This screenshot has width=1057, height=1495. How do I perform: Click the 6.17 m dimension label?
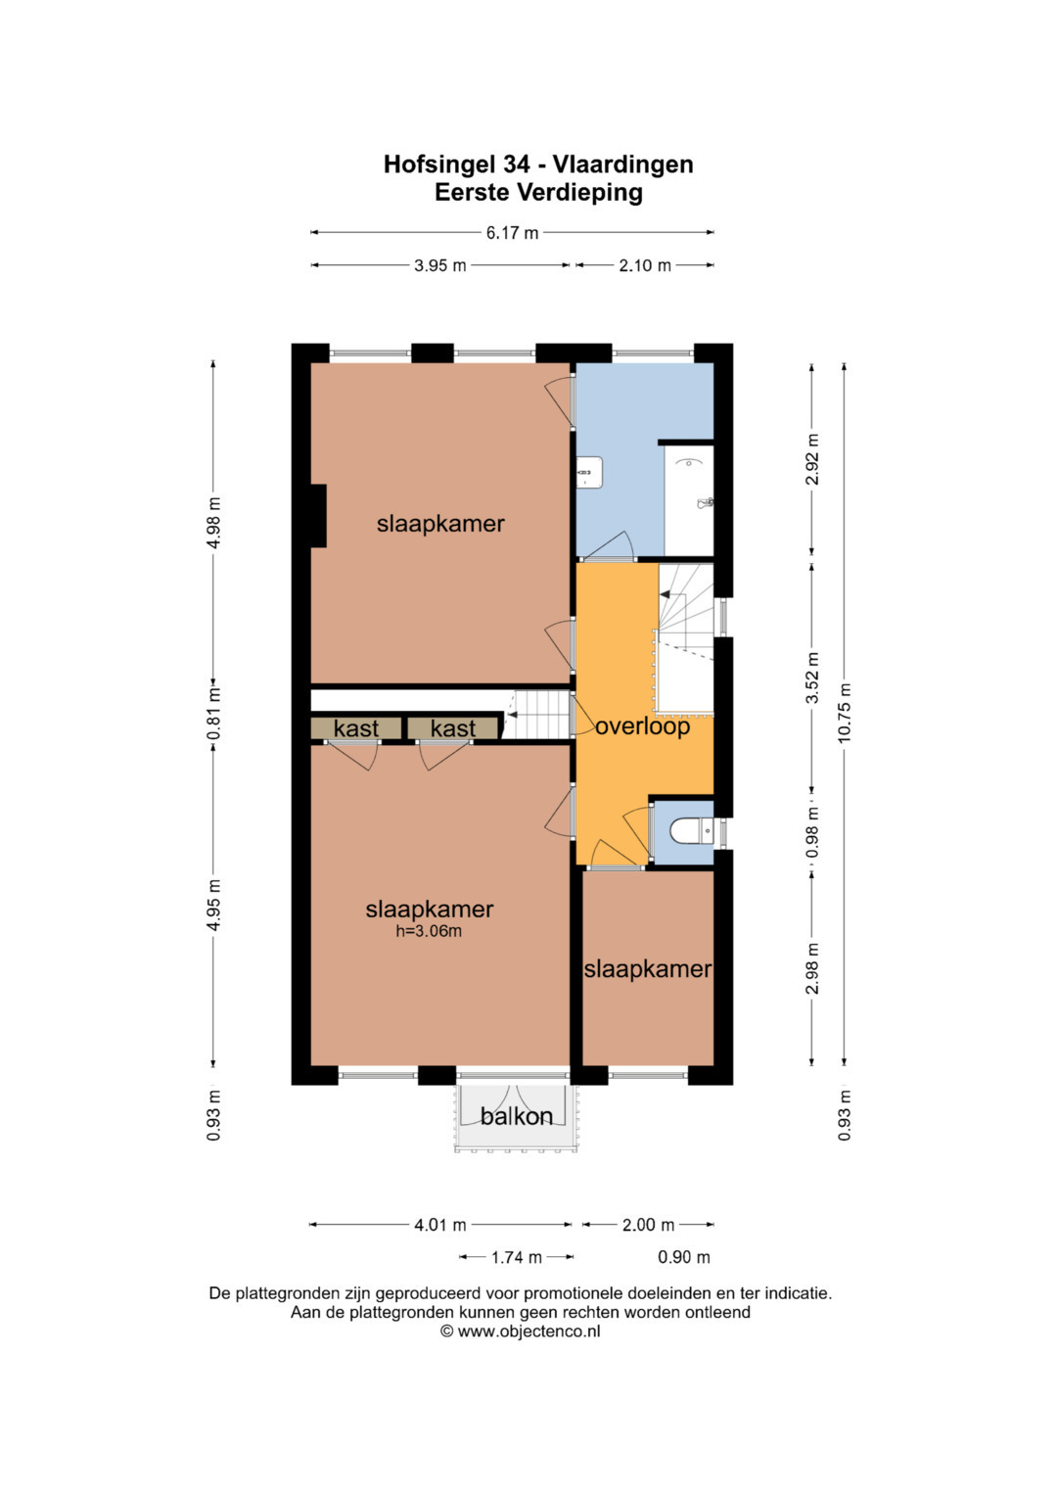pyautogui.click(x=512, y=233)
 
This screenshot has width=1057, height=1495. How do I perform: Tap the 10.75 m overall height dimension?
pyautogui.click(x=845, y=713)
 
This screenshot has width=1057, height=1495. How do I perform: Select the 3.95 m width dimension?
pyautogui.click(x=439, y=265)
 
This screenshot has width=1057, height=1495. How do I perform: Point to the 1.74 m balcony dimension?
pyautogui.click(x=517, y=1257)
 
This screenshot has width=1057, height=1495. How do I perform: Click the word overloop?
pyautogui.click(x=642, y=726)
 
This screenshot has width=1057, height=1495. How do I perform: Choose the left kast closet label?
pyautogui.click(x=355, y=728)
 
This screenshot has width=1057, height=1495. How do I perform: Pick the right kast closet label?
pyautogui.click(x=453, y=728)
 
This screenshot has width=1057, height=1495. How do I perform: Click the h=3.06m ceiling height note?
pyautogui.click(x=429, y=931)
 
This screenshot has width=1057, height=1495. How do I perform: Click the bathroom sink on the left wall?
pyautogui.click(x=590, y=472)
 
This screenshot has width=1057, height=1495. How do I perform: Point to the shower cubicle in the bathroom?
pyautogui.click(x=689, y=500)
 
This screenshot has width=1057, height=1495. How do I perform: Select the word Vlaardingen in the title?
pyautogui.click(x=623, y=164)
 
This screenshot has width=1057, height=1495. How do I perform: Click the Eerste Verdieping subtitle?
pyautogui.click(x=538, y=192)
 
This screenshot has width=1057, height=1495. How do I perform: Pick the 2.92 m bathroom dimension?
pyautogui.click(x=812, y=459)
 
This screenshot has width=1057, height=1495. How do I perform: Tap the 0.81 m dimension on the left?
pyautogui.click(x=213, y=714)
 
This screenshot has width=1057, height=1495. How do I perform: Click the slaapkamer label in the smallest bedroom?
pyautogui.click(x=648, y=969)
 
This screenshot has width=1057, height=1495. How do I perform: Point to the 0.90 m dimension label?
pyautogui.click(x=684, y=1257)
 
